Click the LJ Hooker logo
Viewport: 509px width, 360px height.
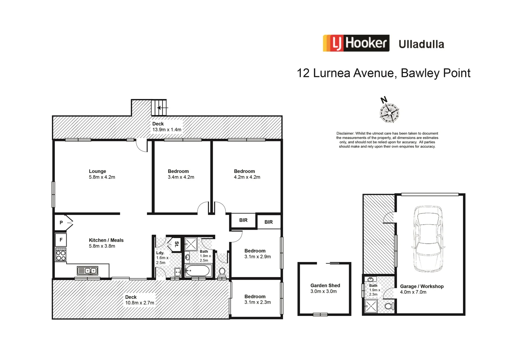coord(356,43)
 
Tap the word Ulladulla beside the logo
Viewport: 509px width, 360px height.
coord(421,44)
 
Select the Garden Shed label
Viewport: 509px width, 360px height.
coord(325,286)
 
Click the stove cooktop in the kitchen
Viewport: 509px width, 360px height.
coord(61,255)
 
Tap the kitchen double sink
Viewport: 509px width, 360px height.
coord(87,271)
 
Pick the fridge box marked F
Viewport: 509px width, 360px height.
coord(61,240)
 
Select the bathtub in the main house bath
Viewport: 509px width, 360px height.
coord(198,271)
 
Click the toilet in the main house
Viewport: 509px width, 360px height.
coord(222,272)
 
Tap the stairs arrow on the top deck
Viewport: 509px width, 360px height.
coord(162,108)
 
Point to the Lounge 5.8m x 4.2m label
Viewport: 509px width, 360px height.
coord(102,174)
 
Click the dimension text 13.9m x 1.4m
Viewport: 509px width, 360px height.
coord(167,130)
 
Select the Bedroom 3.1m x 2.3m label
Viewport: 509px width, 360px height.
coord(257,299)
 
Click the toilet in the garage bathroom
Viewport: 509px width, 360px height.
coord(389,306)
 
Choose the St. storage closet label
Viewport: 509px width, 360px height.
coord(176,244)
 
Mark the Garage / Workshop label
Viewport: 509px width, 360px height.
coord(421,286)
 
